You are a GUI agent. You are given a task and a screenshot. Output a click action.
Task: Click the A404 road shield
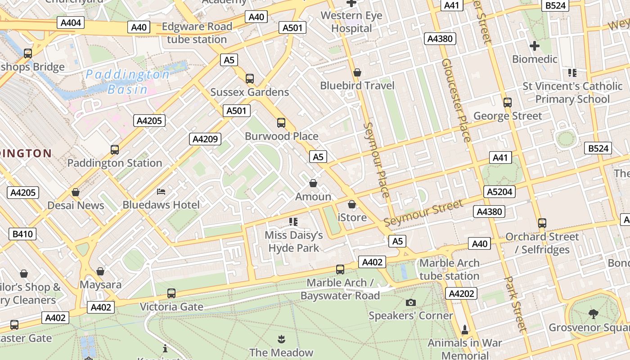71,22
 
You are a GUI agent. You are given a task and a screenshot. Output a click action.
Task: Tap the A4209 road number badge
205,139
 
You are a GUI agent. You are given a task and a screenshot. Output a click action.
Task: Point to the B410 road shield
22,234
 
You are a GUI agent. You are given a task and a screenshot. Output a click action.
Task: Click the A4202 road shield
461,294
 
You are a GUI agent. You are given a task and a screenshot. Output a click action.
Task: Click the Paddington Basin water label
128,81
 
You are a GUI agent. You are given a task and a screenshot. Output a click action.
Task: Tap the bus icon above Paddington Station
115,149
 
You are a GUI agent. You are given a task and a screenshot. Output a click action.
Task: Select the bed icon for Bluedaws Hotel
161,192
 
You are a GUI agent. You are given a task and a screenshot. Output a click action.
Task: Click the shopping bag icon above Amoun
313,183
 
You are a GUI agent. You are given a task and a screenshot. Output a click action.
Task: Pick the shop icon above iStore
352,204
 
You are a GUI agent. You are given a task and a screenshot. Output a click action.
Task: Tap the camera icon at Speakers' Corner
410,302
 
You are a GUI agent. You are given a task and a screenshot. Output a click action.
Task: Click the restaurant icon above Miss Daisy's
293,221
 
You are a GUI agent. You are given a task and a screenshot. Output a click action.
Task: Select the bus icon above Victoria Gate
171,293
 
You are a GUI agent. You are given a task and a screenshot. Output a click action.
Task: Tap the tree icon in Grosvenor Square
593,314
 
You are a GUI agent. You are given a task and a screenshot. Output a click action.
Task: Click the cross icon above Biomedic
534,46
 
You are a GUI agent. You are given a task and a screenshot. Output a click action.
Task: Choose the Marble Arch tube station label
449,269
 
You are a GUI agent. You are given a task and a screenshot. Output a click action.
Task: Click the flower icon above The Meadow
281,338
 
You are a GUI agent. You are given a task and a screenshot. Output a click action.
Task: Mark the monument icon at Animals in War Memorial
465,330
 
